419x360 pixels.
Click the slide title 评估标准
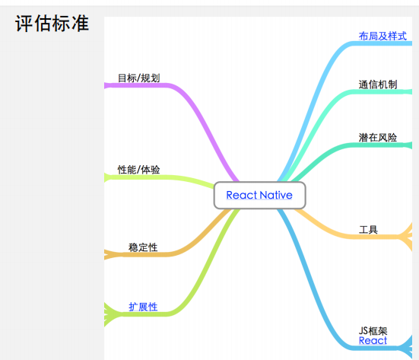(52, 24)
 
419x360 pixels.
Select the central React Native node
(259, 196)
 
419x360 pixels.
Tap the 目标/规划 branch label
(139, 78)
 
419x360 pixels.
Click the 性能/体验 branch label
(139, 170)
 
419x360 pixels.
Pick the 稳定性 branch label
(143, 247)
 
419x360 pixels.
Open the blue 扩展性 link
(143, 307)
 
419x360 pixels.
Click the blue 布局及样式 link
(382, 36)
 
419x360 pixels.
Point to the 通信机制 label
(378, 84)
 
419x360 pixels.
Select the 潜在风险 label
(378, 138)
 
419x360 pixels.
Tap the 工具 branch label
(368, 230)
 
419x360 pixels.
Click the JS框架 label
(373, 331)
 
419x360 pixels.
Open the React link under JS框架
(373, 340)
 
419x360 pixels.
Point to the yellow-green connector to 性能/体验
(160, 177)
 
